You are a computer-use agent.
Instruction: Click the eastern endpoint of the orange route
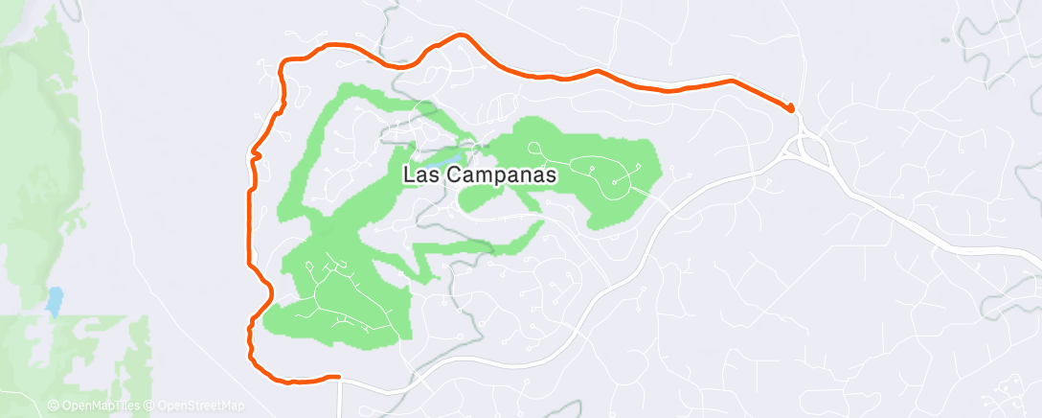[x=792, y=107]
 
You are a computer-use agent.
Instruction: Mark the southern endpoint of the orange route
[x=337, y=378]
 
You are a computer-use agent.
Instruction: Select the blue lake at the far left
[x=54, y=301]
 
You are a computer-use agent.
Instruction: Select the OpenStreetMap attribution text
[x=202, y=406]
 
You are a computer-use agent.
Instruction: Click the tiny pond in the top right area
[x=945, y=41]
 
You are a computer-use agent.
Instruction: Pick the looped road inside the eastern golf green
[x=613, y=178]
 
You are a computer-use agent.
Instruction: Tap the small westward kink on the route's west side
[x=255, y=152]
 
